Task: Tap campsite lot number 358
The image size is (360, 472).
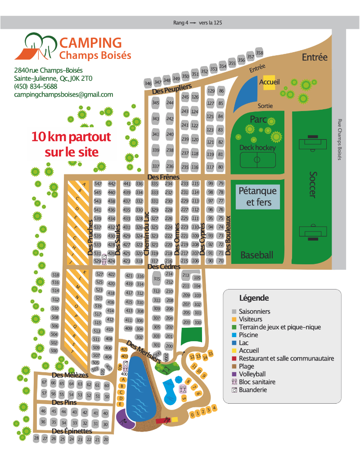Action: [259, 53]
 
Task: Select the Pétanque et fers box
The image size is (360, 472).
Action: [259, 196]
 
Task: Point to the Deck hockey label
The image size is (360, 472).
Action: [258, 147]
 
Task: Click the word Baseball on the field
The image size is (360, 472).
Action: [256, 255]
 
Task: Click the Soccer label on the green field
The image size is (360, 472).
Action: [313, 185]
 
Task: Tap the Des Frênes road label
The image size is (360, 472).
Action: [164, 177]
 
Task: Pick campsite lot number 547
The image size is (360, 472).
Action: [98, 184]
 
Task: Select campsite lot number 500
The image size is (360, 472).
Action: [54, 351]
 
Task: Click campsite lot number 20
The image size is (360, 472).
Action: [106, 440]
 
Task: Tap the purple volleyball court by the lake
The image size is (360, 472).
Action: [124, 421]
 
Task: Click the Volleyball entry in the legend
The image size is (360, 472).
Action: [252, 374]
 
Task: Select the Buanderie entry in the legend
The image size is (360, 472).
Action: [252, 390]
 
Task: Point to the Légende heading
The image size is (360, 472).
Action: [254, 298]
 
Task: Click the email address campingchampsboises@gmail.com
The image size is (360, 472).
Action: [63, 94]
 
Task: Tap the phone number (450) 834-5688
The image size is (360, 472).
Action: [36, 86]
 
